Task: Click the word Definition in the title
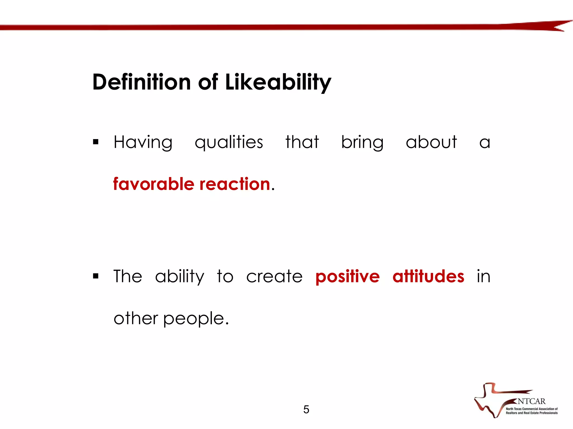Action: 142,82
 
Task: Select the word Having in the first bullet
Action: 143,142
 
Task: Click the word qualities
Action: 229,142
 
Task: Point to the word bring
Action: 362,142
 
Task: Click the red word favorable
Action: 154,184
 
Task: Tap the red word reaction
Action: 235,184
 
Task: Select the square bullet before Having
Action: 96,142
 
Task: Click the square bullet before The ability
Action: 96,276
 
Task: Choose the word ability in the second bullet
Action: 180,277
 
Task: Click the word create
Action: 274,277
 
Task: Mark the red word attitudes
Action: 428,276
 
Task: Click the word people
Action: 196,319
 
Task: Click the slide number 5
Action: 306,409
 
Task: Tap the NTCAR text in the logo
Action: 531,401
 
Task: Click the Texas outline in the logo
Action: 488,402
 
